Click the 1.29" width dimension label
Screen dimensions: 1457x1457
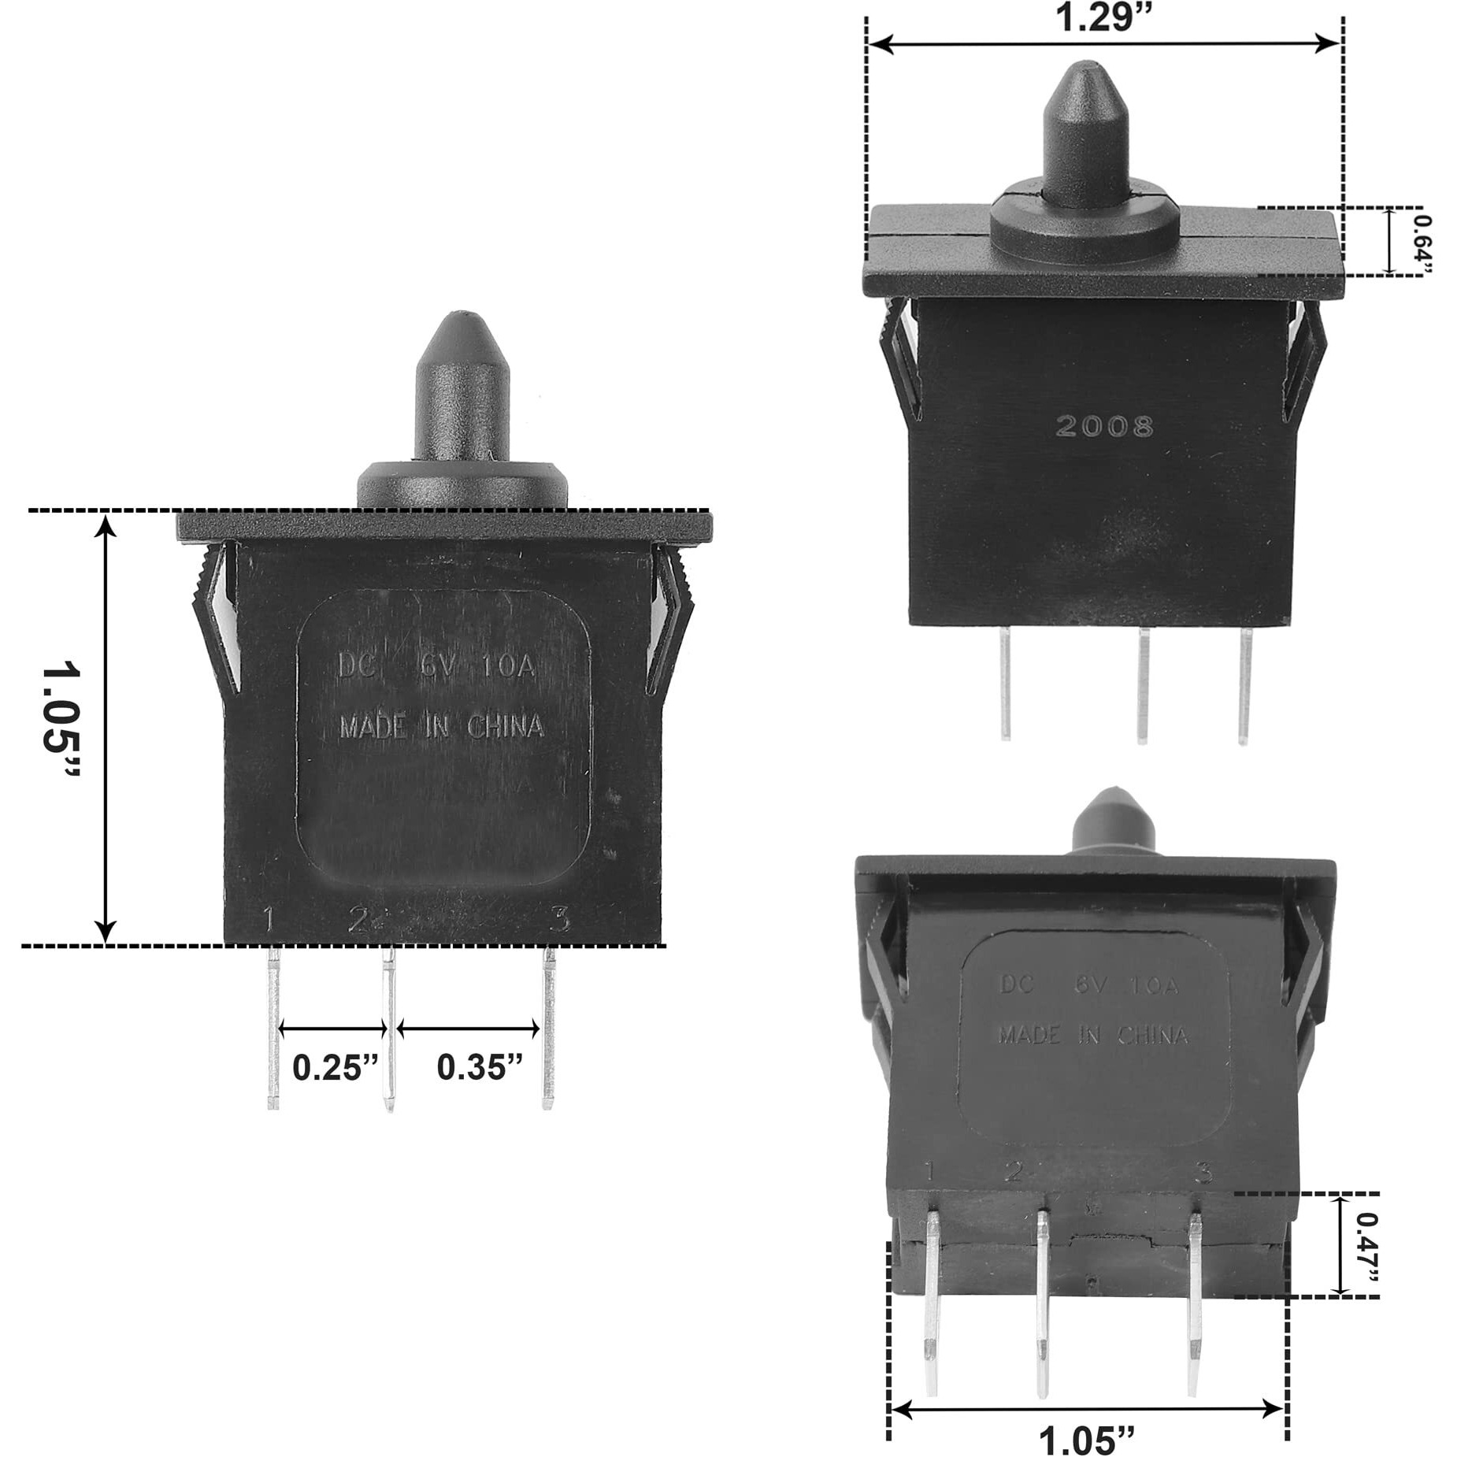1103,17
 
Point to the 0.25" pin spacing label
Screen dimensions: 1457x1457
336,1069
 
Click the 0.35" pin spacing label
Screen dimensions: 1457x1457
480,1069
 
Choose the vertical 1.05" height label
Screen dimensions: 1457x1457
61,719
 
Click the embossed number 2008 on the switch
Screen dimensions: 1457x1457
1104,427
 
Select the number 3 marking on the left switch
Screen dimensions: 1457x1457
560,918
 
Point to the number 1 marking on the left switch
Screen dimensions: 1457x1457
269,919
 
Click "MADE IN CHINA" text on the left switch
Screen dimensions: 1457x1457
441,726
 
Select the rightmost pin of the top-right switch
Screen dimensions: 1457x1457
1244,685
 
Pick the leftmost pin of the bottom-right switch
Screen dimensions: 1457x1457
932,1299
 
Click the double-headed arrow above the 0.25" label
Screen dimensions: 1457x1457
333,1028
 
